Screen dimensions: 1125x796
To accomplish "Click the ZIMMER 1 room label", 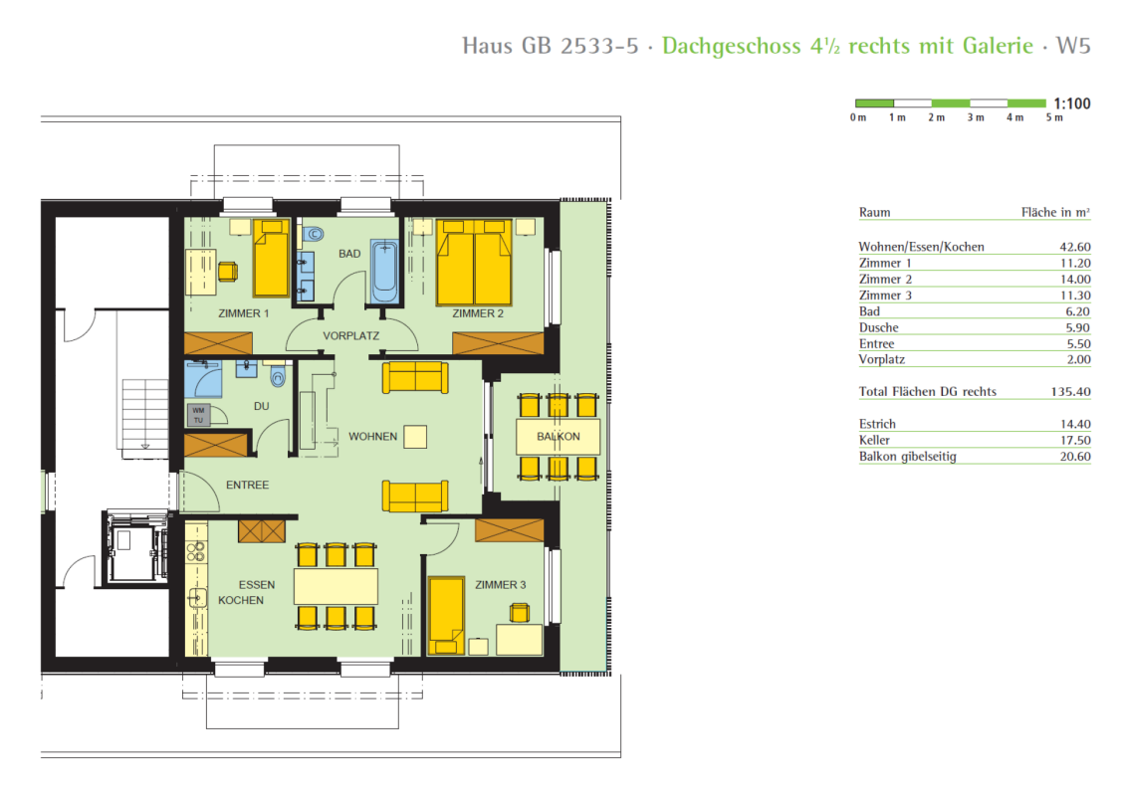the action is coord(243,313).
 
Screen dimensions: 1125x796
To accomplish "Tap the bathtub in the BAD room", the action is coord(384,272).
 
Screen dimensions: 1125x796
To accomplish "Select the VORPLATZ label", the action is coord(350,335).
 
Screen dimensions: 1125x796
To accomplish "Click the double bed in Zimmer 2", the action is coord(474,263).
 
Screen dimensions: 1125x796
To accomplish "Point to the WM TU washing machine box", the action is coord(199,415).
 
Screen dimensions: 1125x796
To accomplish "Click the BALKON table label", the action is coord(559,436).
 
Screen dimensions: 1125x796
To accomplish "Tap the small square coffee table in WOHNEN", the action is coord(415,437).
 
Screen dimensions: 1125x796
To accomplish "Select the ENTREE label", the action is coord(248,485).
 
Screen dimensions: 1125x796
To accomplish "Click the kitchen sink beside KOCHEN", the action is coord(196,597).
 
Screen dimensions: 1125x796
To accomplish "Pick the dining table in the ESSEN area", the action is coord(336,586).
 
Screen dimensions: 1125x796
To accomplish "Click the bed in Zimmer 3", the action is coord(446,616).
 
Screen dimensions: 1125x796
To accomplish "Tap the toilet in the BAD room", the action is coord(312,234).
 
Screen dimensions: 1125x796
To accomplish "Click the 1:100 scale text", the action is coord(1072,103).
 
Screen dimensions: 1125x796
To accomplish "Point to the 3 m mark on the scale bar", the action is coord(975,117).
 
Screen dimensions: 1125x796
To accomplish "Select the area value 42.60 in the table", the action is coord(1075,247).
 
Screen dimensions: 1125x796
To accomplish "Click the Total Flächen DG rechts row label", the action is coord(928,392).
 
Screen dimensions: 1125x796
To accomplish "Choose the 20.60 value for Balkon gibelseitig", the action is coord(1075,456).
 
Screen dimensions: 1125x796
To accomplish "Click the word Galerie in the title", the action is coord(998,46).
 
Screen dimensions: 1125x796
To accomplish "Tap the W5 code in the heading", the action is coord(1073,46).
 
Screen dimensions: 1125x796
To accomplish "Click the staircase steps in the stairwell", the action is coord(145,415).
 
